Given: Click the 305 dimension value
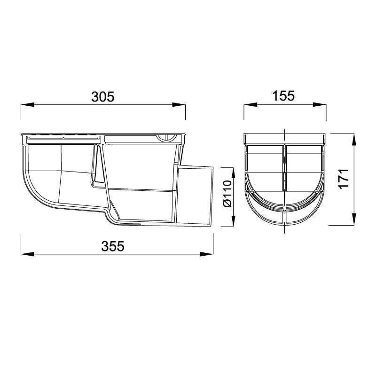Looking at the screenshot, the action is [103, 97].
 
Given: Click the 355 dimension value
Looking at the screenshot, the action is [113, 246].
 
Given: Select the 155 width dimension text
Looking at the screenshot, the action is [283, 96].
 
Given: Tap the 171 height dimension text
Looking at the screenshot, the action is [344, 179].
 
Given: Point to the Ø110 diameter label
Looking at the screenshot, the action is [227, 194].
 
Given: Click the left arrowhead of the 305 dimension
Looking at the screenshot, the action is [28, 105].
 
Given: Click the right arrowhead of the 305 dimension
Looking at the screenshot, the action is [179, 105].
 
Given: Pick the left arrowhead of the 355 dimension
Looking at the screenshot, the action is [28, 254].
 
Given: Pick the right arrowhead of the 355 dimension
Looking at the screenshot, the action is [206, 254].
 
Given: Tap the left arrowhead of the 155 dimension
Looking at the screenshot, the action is [251, 104].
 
